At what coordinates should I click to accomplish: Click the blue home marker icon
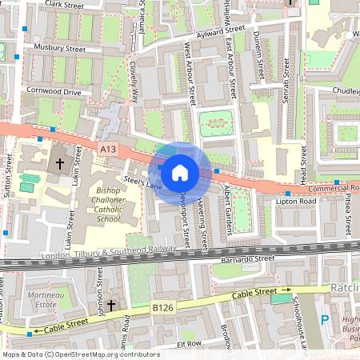point(180,172)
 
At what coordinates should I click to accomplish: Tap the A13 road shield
point(110,148)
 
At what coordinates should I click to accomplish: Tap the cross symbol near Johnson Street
point(112,305)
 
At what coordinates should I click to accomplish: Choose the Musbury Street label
point(60,49)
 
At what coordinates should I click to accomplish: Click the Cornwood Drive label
point(54,92)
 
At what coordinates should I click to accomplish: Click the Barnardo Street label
point(249,259)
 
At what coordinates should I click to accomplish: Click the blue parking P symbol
point(325,320)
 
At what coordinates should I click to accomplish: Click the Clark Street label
point(66,4)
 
